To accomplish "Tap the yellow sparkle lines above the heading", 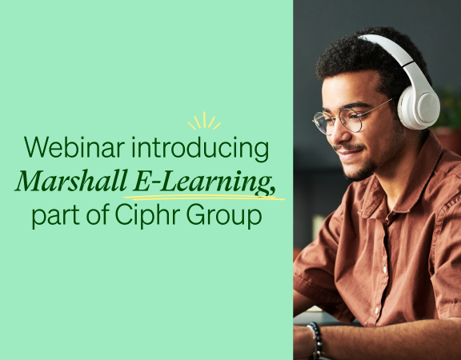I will click(204, 122).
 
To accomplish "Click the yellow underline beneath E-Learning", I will click(204, 198).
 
